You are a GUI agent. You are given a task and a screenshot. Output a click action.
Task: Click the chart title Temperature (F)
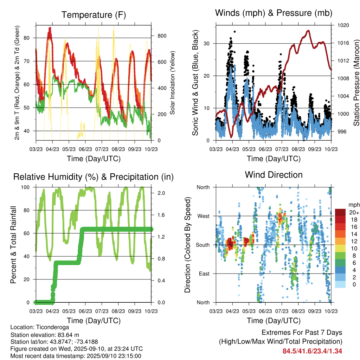pyautogui.click(x=93, y=15)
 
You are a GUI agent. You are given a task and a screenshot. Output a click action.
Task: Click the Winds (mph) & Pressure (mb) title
pyautogui.click(x=274, y=13)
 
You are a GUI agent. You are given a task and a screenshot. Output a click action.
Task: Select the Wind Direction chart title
pyautogui.click(x=274, y=174)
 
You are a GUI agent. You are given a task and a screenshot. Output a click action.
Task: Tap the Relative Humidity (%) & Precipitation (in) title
pyautogui.click(x=93, y=177)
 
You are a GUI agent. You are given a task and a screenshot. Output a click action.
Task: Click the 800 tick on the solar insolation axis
pyautogui.click(x=162, y=36)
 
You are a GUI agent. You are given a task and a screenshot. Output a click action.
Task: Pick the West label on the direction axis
pyautogui.click(x=203, y=216)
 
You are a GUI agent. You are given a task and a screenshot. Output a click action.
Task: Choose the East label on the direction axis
pyautogui.click(x=204, y=274)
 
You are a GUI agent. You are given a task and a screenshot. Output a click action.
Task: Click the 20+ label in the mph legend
pyautogui.click(x=354, y=212)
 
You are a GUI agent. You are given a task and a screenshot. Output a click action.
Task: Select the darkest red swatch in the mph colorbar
pyautogui.click(x=340, y=212)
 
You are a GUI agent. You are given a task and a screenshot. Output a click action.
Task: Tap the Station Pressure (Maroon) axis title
pyautogui.click(x=356, y=83)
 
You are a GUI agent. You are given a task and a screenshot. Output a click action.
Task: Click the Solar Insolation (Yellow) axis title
pyautogui.click(x=172, y=83)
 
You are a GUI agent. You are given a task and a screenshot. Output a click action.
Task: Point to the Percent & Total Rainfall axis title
pyautogui.click(x=13, y=245)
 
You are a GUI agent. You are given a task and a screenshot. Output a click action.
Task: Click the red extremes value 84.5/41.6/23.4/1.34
pyautogui.click(x=312, y=351)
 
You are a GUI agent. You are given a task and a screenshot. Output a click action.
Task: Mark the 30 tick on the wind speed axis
pyautogui.click(x=207, y=43)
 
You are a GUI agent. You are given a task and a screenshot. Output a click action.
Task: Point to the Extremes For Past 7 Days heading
pyautogui.click(x=302, y=333)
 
